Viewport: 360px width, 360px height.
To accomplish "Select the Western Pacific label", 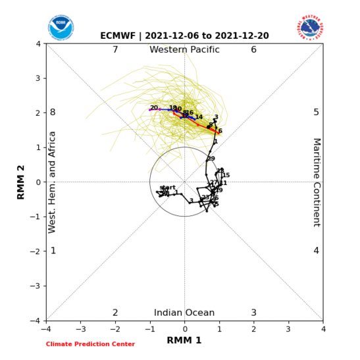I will tap(184, 50).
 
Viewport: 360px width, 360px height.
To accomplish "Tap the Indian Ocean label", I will tap(184, 313).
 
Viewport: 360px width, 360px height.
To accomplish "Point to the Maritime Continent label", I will tap(316, 182).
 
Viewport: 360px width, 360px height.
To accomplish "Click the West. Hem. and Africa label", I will tap(53, 182).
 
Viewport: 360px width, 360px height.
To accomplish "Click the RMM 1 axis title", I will tap(184, 340).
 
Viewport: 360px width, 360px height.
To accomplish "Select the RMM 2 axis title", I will tap(20, 182).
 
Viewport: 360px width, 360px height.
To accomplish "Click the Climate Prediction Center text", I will tap(90, 344).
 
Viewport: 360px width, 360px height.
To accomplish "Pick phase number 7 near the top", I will tap(115, 50).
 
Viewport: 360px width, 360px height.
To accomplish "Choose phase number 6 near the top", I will tap(253, 50).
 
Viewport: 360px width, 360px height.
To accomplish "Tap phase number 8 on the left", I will tap(53, 113).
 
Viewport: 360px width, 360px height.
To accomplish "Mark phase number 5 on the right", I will tap(316, 113).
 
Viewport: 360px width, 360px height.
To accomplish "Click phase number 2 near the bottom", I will tap(115, 313).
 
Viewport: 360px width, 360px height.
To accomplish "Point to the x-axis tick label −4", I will tap(45, 328).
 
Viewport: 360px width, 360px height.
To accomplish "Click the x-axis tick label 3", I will tap(288, 328).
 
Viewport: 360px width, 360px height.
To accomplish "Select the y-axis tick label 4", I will tap(39, 44).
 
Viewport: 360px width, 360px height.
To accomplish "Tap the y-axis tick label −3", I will tap(37, 286).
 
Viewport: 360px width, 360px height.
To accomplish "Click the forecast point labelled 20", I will tap(153, 108).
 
